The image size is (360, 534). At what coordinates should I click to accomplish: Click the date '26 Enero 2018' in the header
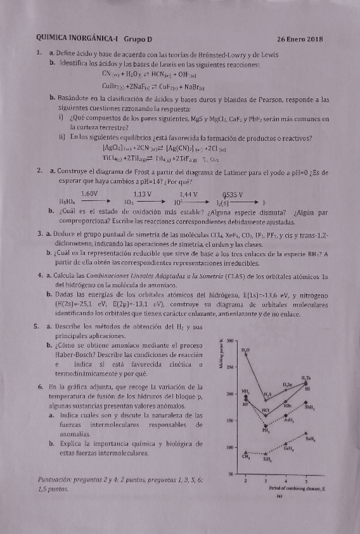pos(300,39)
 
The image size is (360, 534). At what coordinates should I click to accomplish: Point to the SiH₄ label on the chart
pos(267,460)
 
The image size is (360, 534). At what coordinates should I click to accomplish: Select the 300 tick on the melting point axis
pos(230,340)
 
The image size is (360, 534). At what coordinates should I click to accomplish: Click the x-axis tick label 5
pos(305,480)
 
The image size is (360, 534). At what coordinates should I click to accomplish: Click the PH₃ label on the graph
pos(266,430)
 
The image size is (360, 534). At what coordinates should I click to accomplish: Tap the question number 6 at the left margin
pos(40,387)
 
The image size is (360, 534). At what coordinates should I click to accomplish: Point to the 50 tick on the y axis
pos(231,474)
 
